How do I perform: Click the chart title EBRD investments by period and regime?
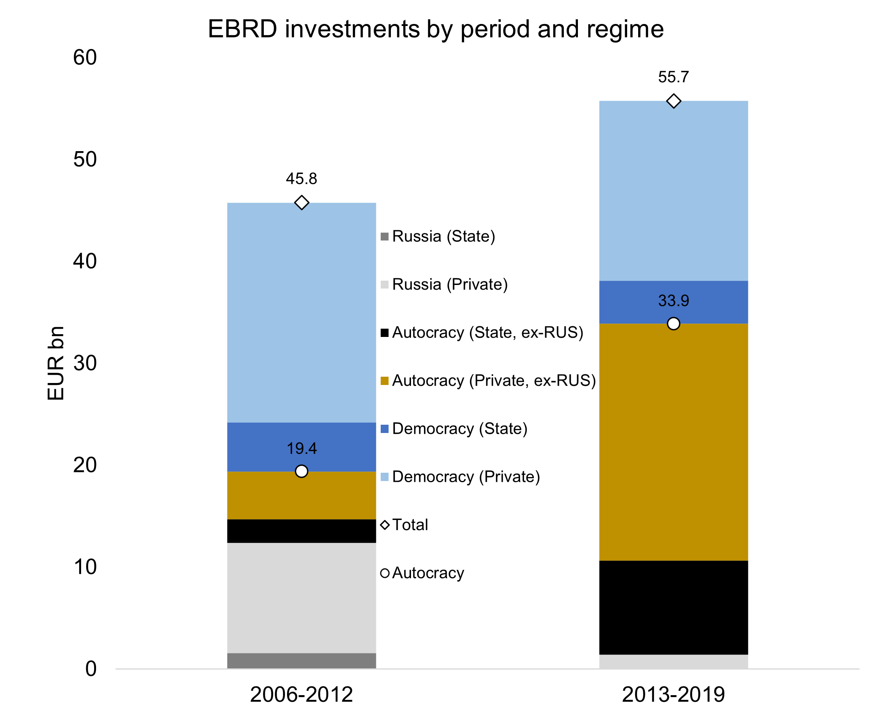pos(435,30)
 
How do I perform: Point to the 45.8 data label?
pos(302,179)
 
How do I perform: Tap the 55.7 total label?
pos(674,77)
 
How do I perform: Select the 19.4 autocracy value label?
pos(302,449)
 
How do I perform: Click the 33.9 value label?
pos(674,301)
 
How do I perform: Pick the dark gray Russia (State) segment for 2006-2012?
pos(302,660)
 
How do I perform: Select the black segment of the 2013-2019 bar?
pos(674,607)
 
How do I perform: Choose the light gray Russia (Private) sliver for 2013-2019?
pos(674,662)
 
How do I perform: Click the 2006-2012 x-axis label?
pos(302,695)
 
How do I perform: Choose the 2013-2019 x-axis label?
pos(674,695)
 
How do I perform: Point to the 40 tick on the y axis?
pos(85,261)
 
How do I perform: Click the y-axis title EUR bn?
pos(56,363)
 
